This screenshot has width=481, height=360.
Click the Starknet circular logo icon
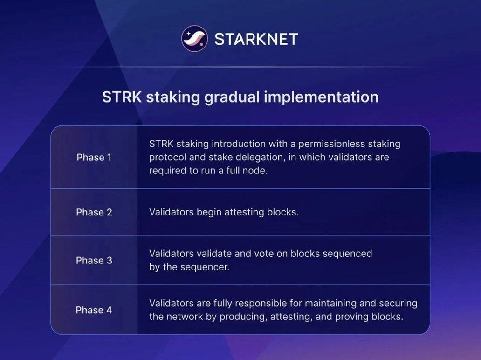[194, 39]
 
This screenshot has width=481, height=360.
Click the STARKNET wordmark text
[256, 39]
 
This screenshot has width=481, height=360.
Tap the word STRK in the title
[122, 97]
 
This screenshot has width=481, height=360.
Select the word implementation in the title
[321, 97]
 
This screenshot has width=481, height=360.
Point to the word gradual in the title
[233, 97]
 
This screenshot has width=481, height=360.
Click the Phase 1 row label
[94, 158]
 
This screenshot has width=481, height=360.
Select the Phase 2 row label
[94, 212]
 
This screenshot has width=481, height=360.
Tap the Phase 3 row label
[94, 260]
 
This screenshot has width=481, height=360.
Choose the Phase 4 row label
[94, 310]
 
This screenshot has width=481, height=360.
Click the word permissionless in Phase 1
[331, 144]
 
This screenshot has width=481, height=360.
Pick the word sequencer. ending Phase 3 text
[205, 267]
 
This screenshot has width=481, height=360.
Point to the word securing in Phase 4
[398, 304]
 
